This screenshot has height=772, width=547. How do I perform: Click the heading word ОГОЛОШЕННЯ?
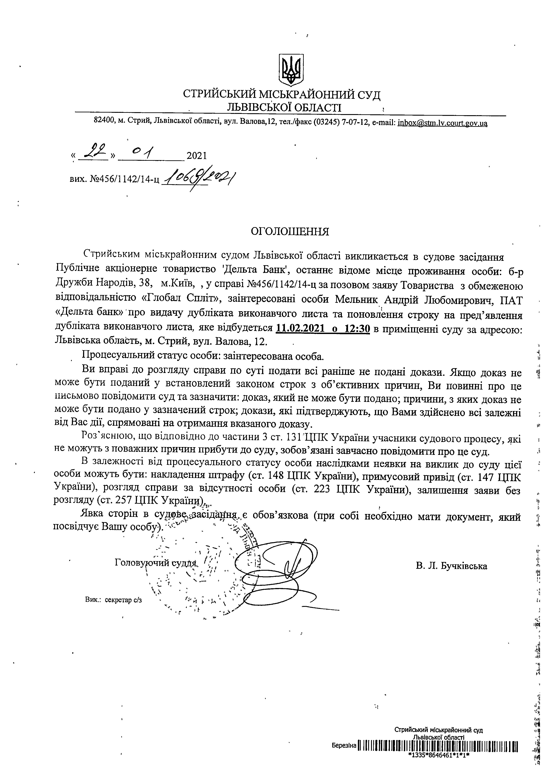pos(290,232)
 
